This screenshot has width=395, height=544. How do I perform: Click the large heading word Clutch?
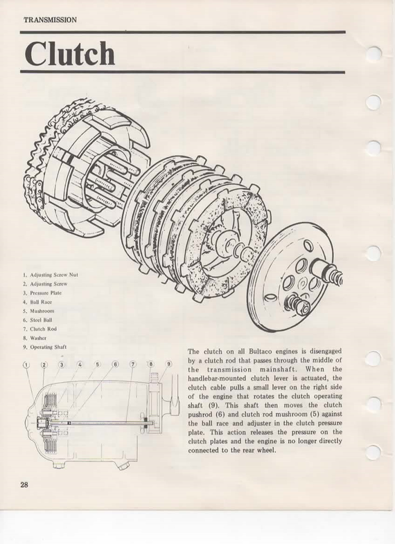[69, 53]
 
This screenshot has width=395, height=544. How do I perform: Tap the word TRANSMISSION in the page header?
[51, 20]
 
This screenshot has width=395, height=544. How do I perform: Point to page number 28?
[24, 484]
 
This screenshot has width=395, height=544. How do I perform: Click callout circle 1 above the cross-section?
[26, 365]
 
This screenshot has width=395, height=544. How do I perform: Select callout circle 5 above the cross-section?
[98, 364]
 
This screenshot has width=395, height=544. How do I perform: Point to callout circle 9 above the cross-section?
[169, 364]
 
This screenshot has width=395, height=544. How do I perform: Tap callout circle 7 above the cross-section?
[133, 364]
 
